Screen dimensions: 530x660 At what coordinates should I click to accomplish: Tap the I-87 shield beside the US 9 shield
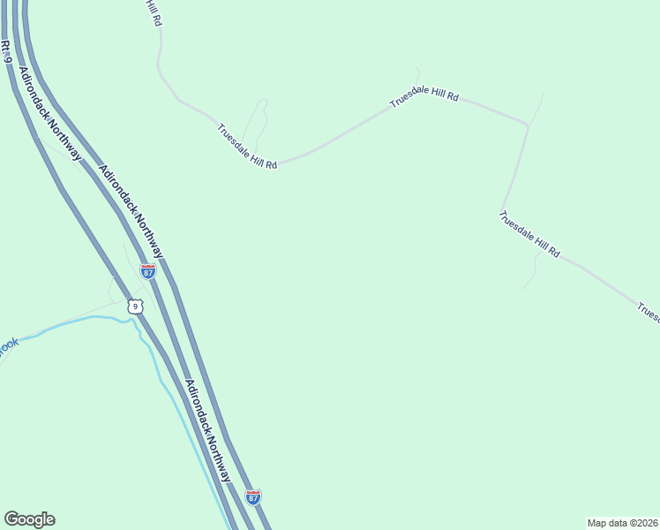pos(148,272)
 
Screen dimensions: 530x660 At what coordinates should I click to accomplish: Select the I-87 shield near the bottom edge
pos(253,497)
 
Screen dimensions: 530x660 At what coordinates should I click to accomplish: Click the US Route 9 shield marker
pos(133,307)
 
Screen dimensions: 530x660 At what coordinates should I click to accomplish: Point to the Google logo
pos(29,519)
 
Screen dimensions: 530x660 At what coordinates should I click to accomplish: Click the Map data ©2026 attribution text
pos(622,523)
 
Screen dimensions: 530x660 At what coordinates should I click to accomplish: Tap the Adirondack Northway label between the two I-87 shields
pos(208,430)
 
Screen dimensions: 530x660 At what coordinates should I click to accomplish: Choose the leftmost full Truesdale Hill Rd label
pos(248,147)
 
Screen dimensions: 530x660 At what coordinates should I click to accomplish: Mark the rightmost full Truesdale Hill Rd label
pos(529,233)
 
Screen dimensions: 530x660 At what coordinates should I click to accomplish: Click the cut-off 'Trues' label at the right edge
pos(648,312)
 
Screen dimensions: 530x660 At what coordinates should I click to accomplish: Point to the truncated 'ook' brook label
pos(8,344)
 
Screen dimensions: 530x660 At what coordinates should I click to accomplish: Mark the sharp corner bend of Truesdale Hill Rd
pos(528,126)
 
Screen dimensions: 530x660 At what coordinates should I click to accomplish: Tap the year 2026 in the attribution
pos(647,523)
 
